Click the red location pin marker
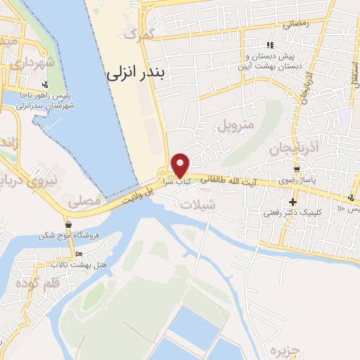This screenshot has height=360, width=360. (x=181, y=165)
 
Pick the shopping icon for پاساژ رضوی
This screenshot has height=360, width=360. (x=297, y=169)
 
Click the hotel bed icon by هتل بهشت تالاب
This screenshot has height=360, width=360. (x=79, y=254)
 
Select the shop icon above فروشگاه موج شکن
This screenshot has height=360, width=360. (x=69, y=224)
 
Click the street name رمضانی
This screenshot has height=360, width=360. (x=296, y=23)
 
